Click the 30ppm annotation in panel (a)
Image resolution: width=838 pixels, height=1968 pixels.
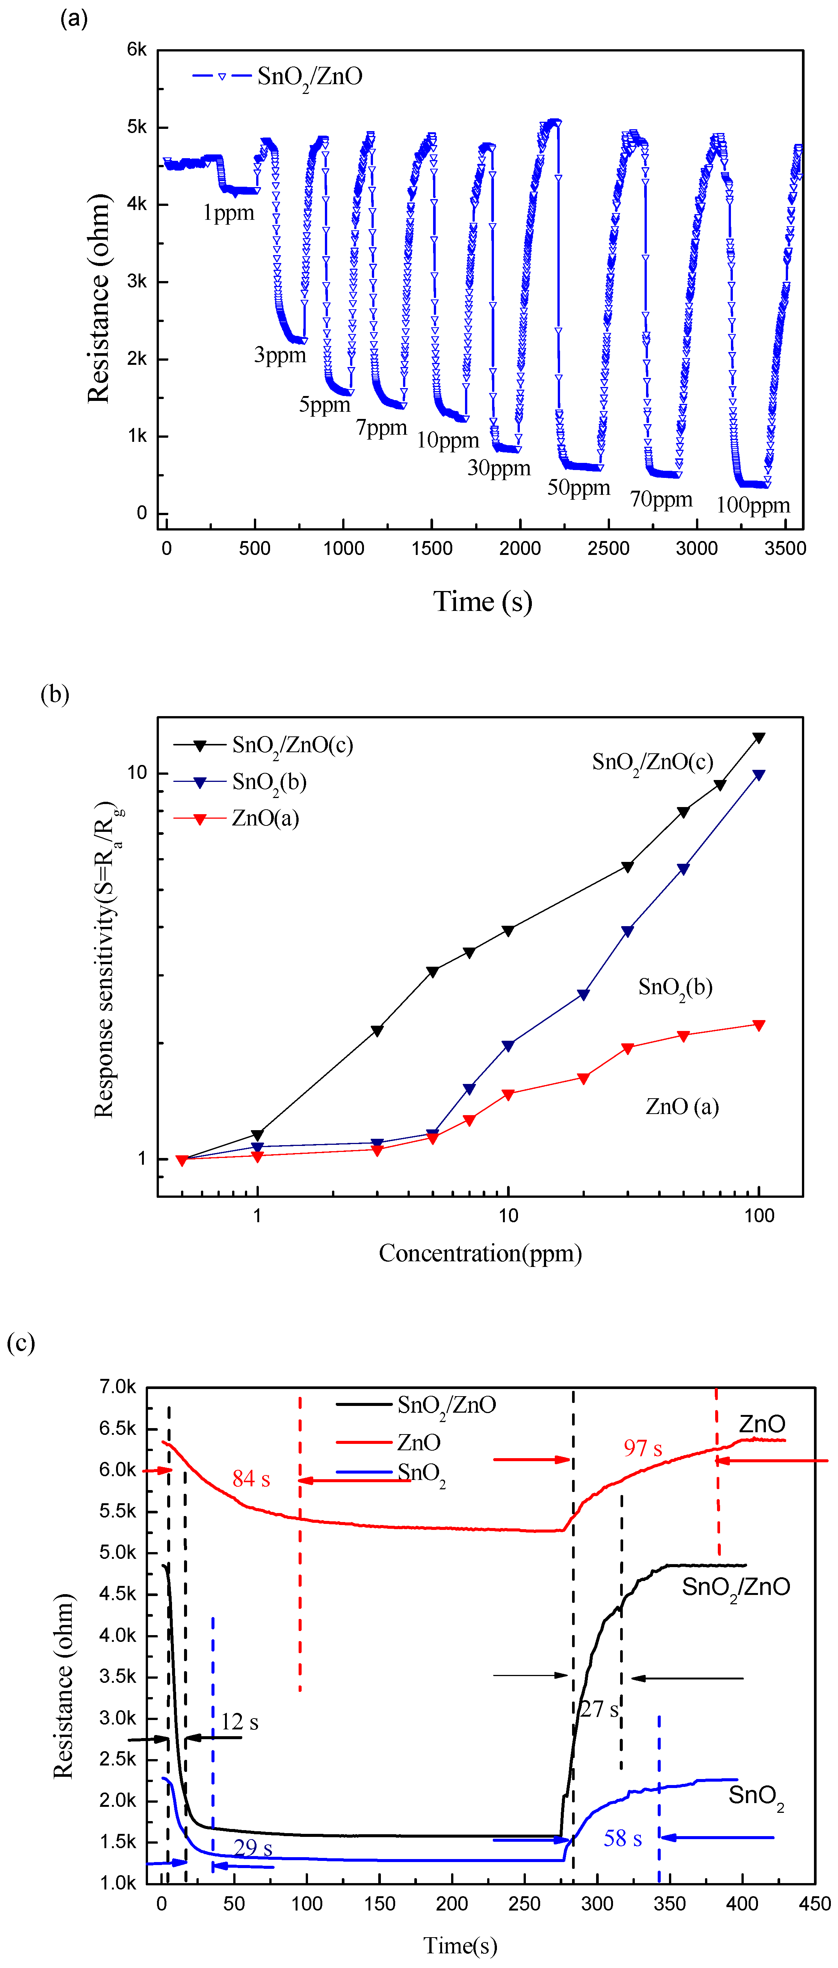499,467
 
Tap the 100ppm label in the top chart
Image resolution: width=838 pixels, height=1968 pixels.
752,505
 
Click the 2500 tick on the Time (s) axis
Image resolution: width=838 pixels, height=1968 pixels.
608,548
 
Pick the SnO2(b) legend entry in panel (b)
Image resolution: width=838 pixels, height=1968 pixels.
269,781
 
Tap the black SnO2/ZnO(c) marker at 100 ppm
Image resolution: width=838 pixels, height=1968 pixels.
758,737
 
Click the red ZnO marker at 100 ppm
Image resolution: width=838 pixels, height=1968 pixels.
758,1025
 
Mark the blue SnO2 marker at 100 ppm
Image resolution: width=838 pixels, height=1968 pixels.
758,775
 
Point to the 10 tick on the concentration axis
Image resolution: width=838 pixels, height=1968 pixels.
508,1215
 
